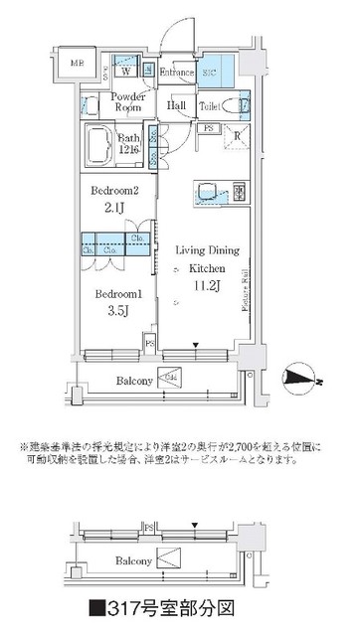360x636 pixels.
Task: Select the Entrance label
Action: (178, 72)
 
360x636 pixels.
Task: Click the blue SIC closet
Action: (216, 71)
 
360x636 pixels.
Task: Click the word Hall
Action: (178, 105)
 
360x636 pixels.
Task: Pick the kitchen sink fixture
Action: (211, 192)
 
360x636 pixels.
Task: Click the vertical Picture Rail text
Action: (245, 288)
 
